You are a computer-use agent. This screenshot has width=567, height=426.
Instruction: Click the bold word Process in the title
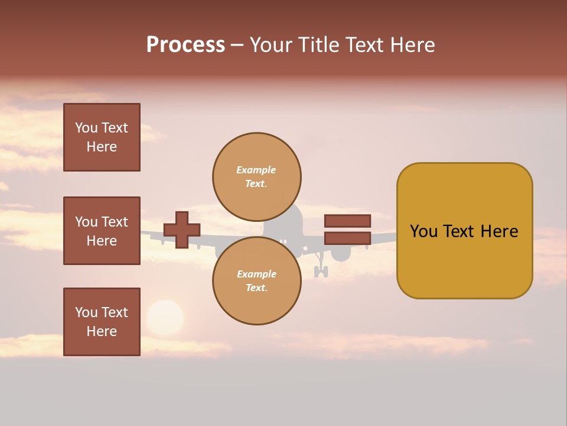[x=185, y=45]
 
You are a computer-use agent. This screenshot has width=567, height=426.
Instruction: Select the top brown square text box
[x=102, y=137]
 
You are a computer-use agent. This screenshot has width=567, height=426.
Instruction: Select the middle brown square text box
[x=102, y=231]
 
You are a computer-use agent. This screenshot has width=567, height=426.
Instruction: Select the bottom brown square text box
[x=102, y=322]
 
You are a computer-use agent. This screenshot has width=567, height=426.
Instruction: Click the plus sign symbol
[x=182, y=230]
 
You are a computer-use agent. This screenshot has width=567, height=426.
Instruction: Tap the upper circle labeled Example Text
[x=256, y=177]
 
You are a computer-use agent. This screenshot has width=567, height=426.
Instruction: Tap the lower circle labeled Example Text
[x=256, y=281]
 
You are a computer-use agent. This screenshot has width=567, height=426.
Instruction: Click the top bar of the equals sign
[x=347, y=221]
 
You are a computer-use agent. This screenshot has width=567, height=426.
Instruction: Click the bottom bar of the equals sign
[x=347, y=238]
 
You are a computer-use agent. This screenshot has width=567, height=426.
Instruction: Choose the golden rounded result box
[x=464, y=231]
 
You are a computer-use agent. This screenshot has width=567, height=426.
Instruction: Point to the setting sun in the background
[x=165, y=318]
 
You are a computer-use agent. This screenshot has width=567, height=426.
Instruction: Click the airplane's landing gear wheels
[x=321, y=272]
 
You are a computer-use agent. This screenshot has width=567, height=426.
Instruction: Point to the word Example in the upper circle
[x=256, y=170]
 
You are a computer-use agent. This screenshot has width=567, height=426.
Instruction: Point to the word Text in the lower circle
[x=256, y=288]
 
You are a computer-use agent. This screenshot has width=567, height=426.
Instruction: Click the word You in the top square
[x=86, y=128]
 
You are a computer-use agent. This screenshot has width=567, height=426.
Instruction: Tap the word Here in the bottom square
[x=102, y=331]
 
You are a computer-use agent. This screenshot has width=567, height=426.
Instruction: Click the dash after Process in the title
[x=237, y=46]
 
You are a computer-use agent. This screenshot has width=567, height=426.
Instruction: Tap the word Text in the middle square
[x=114, y=222]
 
